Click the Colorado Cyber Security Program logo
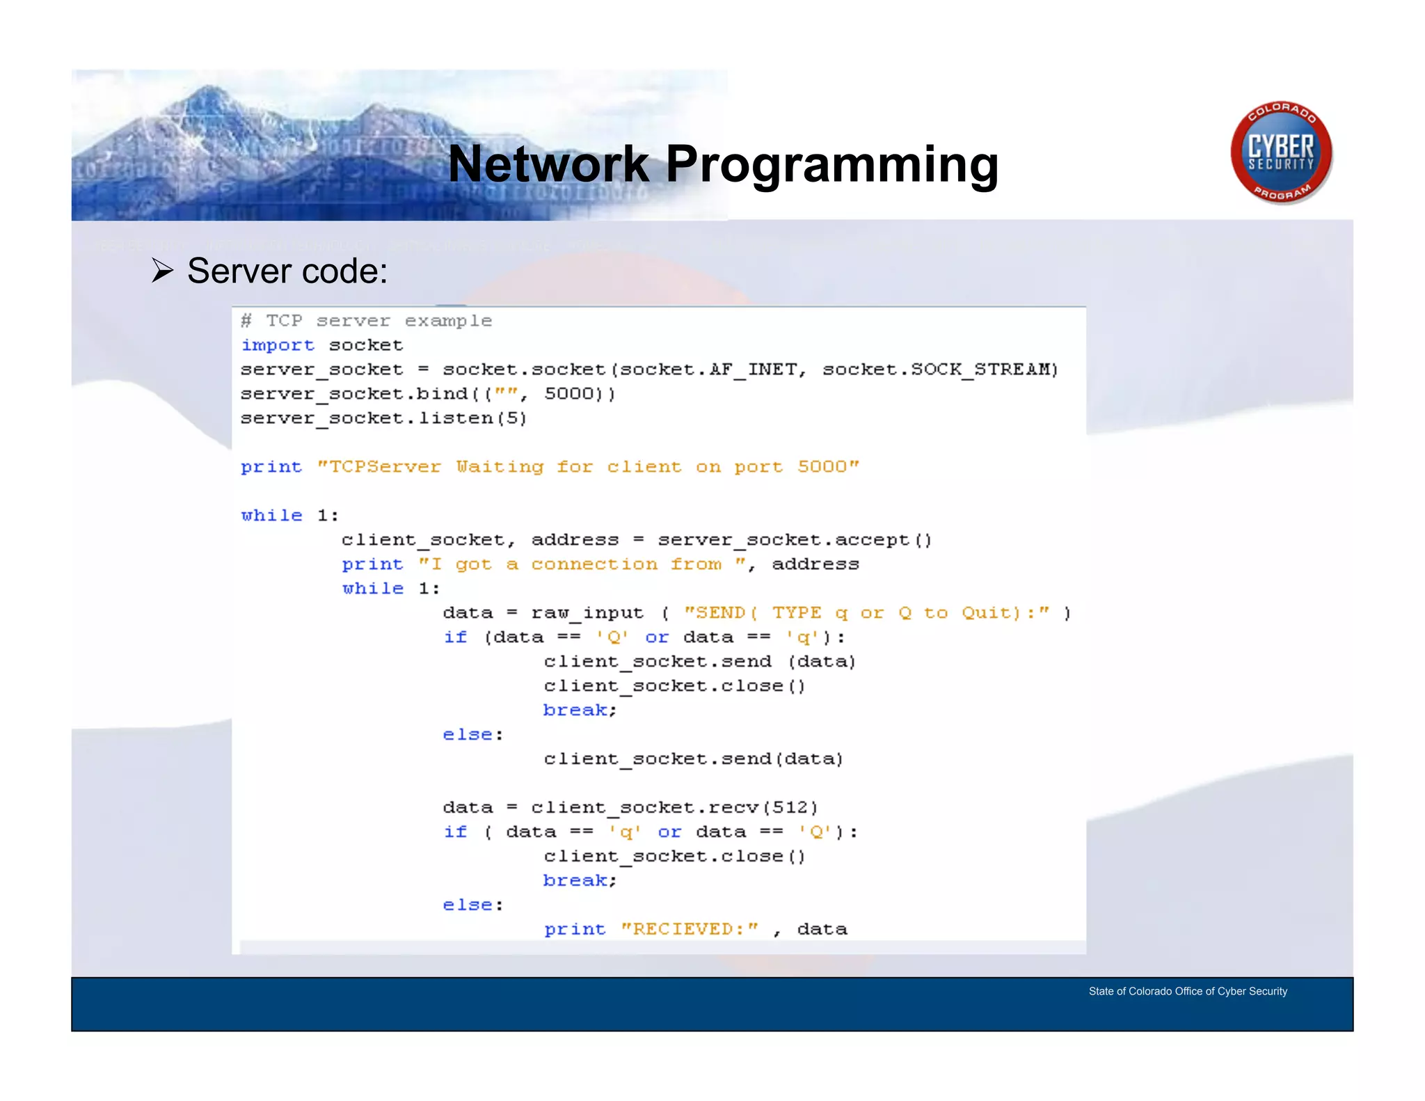coord(1281,152)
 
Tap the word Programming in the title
coord(831,166)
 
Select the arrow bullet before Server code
coord(162,271)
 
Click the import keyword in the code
coord(278,345)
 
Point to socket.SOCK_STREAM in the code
coord(939,370)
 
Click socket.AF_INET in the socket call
coord(708,370)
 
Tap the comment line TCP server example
coord(367,321)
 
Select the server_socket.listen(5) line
coord(383,418)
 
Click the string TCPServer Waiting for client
coord(588,467)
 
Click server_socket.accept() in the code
coord(794,540)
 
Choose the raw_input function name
coord(587,613)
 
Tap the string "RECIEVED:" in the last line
coord(688,929)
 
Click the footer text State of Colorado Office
coord(1188,991)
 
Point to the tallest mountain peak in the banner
coord(208,89)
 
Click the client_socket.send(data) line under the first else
coord(693,759)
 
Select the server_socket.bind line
coord(427,394)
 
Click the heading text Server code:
coord(287,271)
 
